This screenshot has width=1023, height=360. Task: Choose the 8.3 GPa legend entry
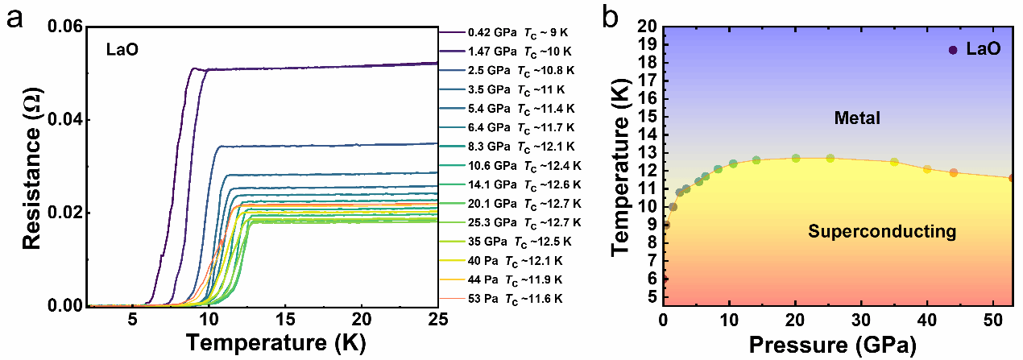(516, 147)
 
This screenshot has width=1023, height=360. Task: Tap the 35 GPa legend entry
(516, 242)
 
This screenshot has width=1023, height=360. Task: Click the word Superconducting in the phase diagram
(881, 233)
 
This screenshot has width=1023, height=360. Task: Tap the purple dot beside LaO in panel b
(953, 50)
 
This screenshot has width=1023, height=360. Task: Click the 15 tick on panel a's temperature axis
(285, 317)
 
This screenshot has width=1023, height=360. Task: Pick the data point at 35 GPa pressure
(894, 162)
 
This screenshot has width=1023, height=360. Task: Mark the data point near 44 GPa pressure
(954, 172)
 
